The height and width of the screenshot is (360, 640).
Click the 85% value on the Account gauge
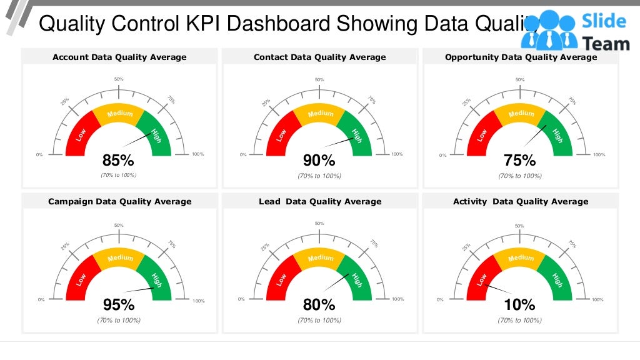point(119,161)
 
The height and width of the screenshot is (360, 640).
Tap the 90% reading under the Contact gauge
point(319,161)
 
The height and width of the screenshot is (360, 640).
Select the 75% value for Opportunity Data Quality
point(520,161)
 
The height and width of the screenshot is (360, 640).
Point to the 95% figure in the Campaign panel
point(119,305)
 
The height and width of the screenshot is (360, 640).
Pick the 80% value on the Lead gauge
point(319,305)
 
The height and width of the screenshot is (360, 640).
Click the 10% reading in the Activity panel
point(520,305)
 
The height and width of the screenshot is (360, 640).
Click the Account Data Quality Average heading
point(119,57)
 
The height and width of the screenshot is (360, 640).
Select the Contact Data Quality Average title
point(319,57)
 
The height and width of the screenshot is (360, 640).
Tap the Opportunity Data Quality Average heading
point(521,57)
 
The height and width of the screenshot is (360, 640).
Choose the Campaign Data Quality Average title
point(119,201)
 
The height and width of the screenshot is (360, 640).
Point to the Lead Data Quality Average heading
point(319,201)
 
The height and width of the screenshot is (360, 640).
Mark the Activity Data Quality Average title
point(521,201)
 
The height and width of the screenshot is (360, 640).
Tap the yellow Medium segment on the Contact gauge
point(320,113)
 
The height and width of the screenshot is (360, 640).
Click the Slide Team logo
point(574,30)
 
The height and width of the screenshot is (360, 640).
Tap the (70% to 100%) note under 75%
point(520,176)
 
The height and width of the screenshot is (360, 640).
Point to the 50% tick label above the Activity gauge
point(520,226)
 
